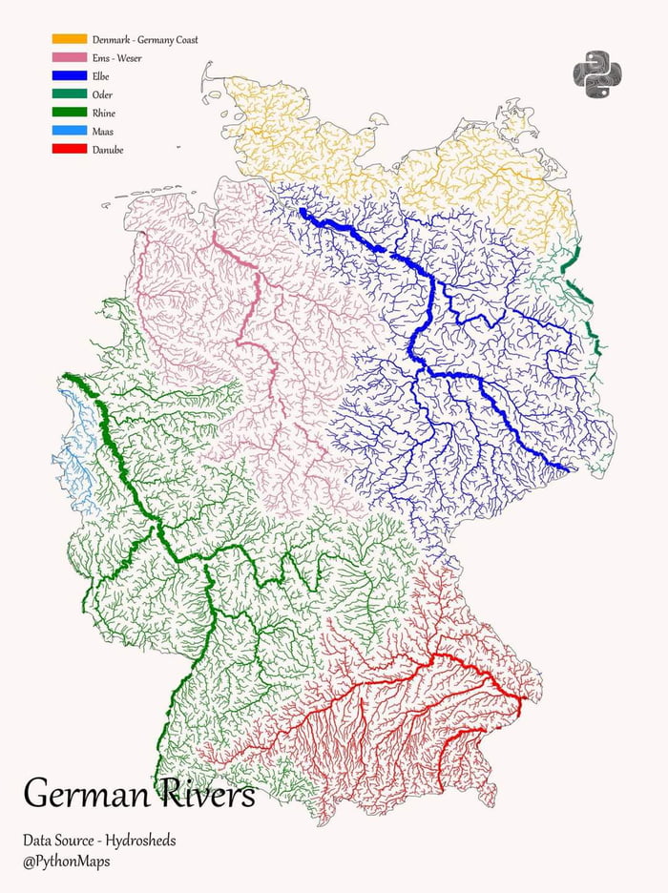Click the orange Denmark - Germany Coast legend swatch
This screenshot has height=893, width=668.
[69, 39]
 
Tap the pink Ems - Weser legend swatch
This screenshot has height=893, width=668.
[69, 57]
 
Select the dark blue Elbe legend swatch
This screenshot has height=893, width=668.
[69, 75]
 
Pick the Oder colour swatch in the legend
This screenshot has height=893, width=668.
[69, 93]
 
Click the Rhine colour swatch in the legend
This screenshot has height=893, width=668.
[69, 113]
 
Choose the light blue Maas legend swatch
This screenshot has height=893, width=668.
[69, 131]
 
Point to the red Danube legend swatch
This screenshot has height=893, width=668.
[69, 149]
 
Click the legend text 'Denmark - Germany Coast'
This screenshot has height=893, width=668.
[145, 40]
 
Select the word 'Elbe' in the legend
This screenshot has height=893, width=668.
[102, 76]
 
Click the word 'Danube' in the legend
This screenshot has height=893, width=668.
[108, 150]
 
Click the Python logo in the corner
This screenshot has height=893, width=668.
[596, 74]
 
